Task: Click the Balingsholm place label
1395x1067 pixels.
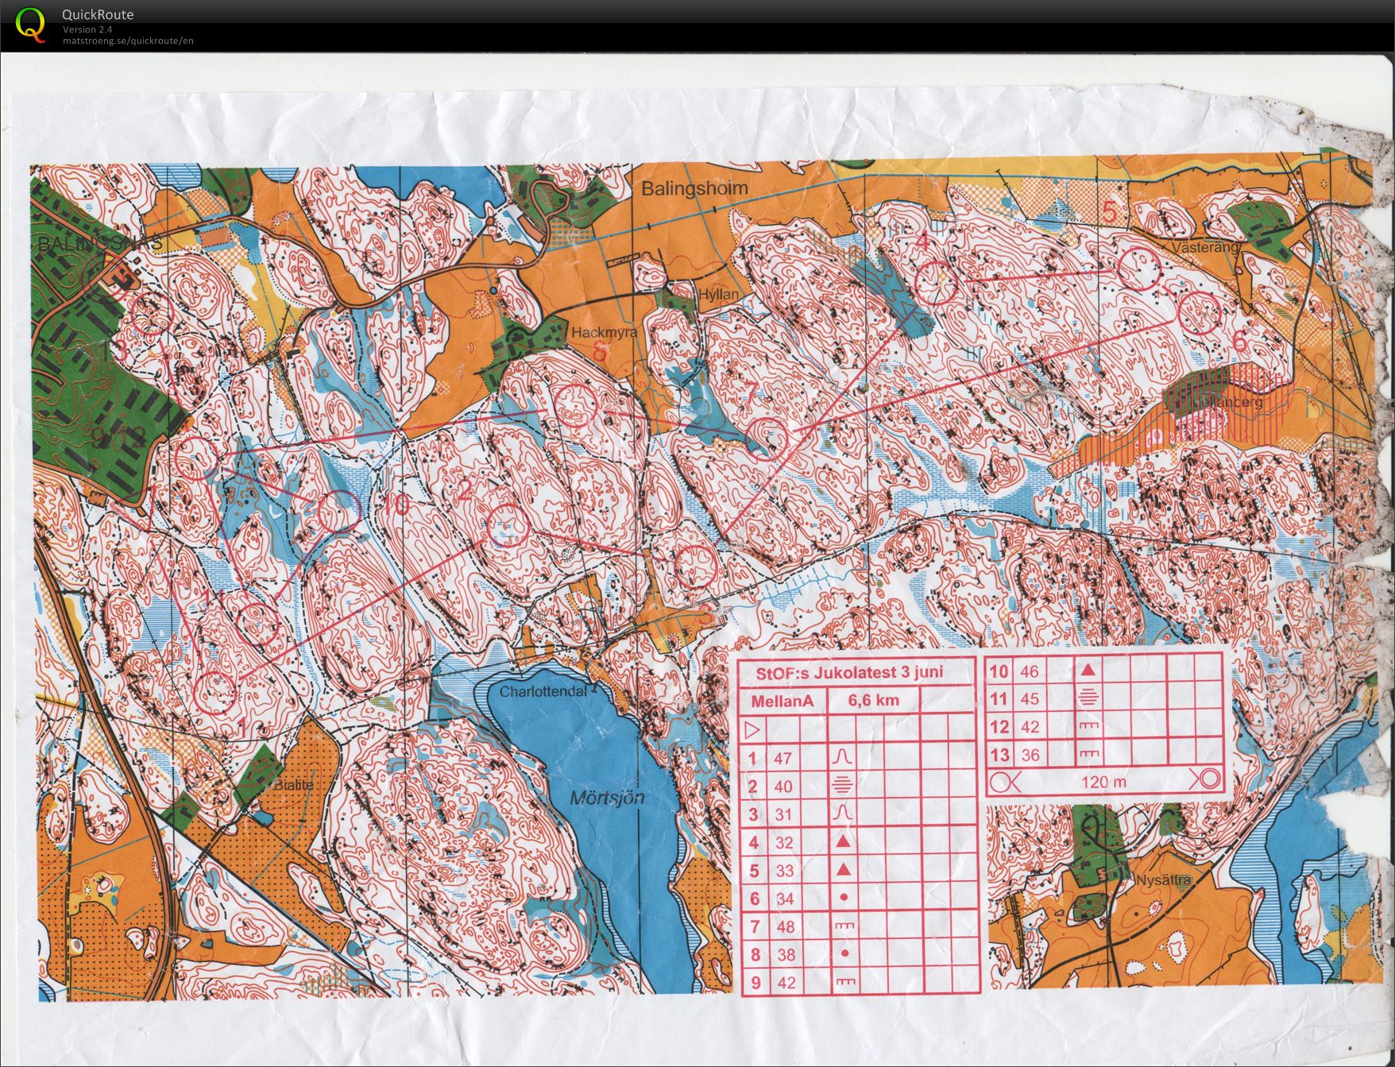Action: pyautogui.click(x=694, y=188)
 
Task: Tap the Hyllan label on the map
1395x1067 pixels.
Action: pyautogui.click(x=718, y=294)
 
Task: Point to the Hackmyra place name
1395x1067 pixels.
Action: pyautogui.click(x=604, y=333)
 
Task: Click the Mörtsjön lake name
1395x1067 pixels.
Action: pyautogui.click(x=608, y=798)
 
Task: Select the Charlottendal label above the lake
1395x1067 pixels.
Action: pyautogui.click(x=543, y=691)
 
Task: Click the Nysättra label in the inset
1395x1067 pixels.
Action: pyautogui.click(x=1163, y=880)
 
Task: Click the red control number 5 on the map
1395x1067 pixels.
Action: pyautogui.click(x=1110, y=212)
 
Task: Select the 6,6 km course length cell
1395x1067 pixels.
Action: pyautogui.click(x=873, y=701)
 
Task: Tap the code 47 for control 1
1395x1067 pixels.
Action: pyautogui.click(x=783, y=758)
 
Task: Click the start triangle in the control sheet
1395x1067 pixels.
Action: pyautogui.click(x=752, y=729)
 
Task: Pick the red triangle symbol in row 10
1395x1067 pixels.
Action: pyautogui.click(x=1089, y=671)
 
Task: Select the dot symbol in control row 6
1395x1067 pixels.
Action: pyautogui.click(x=844, y=898)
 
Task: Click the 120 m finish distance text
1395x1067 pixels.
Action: pyautogui.click(x=1103, y=782)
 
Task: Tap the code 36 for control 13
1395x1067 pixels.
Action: pyautogui.click(x=1030, y=755)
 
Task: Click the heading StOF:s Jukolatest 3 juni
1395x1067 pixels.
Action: pyautogui.click(x=849, y=672)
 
